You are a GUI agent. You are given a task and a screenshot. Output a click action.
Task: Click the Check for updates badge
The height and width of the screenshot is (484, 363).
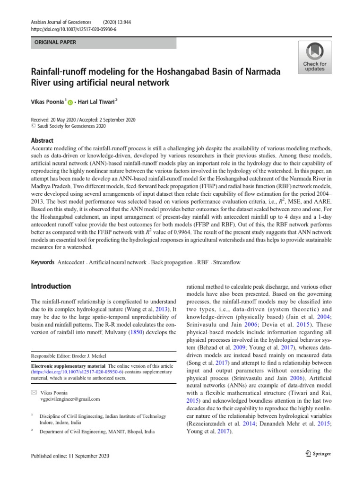(x=314, y=57)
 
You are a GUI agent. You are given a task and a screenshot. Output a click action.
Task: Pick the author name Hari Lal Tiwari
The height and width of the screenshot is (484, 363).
(x=97, y=101)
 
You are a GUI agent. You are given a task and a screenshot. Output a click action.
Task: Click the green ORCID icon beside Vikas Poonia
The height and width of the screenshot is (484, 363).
(x=71, y=102)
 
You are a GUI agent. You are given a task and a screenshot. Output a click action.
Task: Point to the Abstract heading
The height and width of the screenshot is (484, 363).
(x=42, y=140)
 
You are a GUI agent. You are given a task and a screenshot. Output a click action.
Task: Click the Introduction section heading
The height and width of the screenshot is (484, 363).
(x=51, y=286)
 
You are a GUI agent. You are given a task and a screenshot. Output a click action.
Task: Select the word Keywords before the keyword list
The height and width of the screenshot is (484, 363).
(x=42, y=262)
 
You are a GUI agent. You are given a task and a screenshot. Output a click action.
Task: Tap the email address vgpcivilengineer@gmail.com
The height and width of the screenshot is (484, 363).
(x=71, y=399)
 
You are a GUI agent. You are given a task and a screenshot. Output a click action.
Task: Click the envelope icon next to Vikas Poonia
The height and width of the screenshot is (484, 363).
(x=33, y=393)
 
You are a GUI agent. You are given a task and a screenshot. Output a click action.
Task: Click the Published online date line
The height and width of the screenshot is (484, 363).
(x=70, y=456)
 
